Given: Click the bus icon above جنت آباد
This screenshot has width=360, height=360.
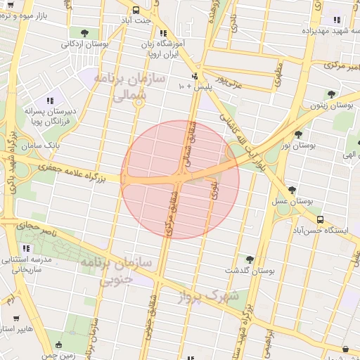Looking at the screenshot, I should (136, 10).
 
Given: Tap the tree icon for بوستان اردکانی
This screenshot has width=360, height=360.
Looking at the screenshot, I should (84, 33).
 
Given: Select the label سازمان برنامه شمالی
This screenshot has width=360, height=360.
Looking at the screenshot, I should (130, 85).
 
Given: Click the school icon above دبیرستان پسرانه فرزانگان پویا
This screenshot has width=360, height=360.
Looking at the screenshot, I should (49, 101).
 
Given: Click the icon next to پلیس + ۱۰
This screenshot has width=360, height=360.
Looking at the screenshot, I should (195, 77).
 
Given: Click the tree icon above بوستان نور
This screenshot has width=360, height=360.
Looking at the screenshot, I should (298, 134).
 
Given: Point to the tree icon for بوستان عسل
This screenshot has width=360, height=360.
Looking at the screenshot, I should (292, 190).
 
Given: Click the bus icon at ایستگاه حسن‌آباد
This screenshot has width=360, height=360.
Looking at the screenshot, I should (320, 219).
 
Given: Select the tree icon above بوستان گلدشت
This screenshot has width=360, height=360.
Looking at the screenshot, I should (249, 259).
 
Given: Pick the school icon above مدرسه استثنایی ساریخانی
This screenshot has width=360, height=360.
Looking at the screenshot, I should (27, 248).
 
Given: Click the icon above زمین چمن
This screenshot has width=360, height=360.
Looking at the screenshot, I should (58, 345).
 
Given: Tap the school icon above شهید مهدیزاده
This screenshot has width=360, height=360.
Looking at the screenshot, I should (336, 20).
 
